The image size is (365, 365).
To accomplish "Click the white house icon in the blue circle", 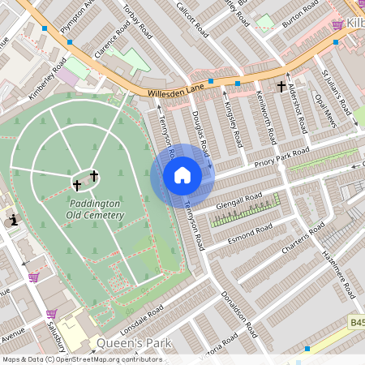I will click(x=182, y=175).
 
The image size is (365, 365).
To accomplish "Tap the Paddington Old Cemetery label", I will click(x=97, y=209).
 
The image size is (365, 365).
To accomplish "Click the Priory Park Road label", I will click(x=281, y=156).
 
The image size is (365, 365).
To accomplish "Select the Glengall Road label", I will click(x=240, y=201).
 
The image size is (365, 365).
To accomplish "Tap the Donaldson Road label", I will click(x=239, y=316).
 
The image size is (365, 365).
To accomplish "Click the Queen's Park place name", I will click(x=134, y=343).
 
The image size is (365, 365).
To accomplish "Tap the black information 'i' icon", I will click(x=14, y=219).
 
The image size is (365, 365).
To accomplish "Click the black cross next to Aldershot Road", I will click(x=281, y=85).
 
